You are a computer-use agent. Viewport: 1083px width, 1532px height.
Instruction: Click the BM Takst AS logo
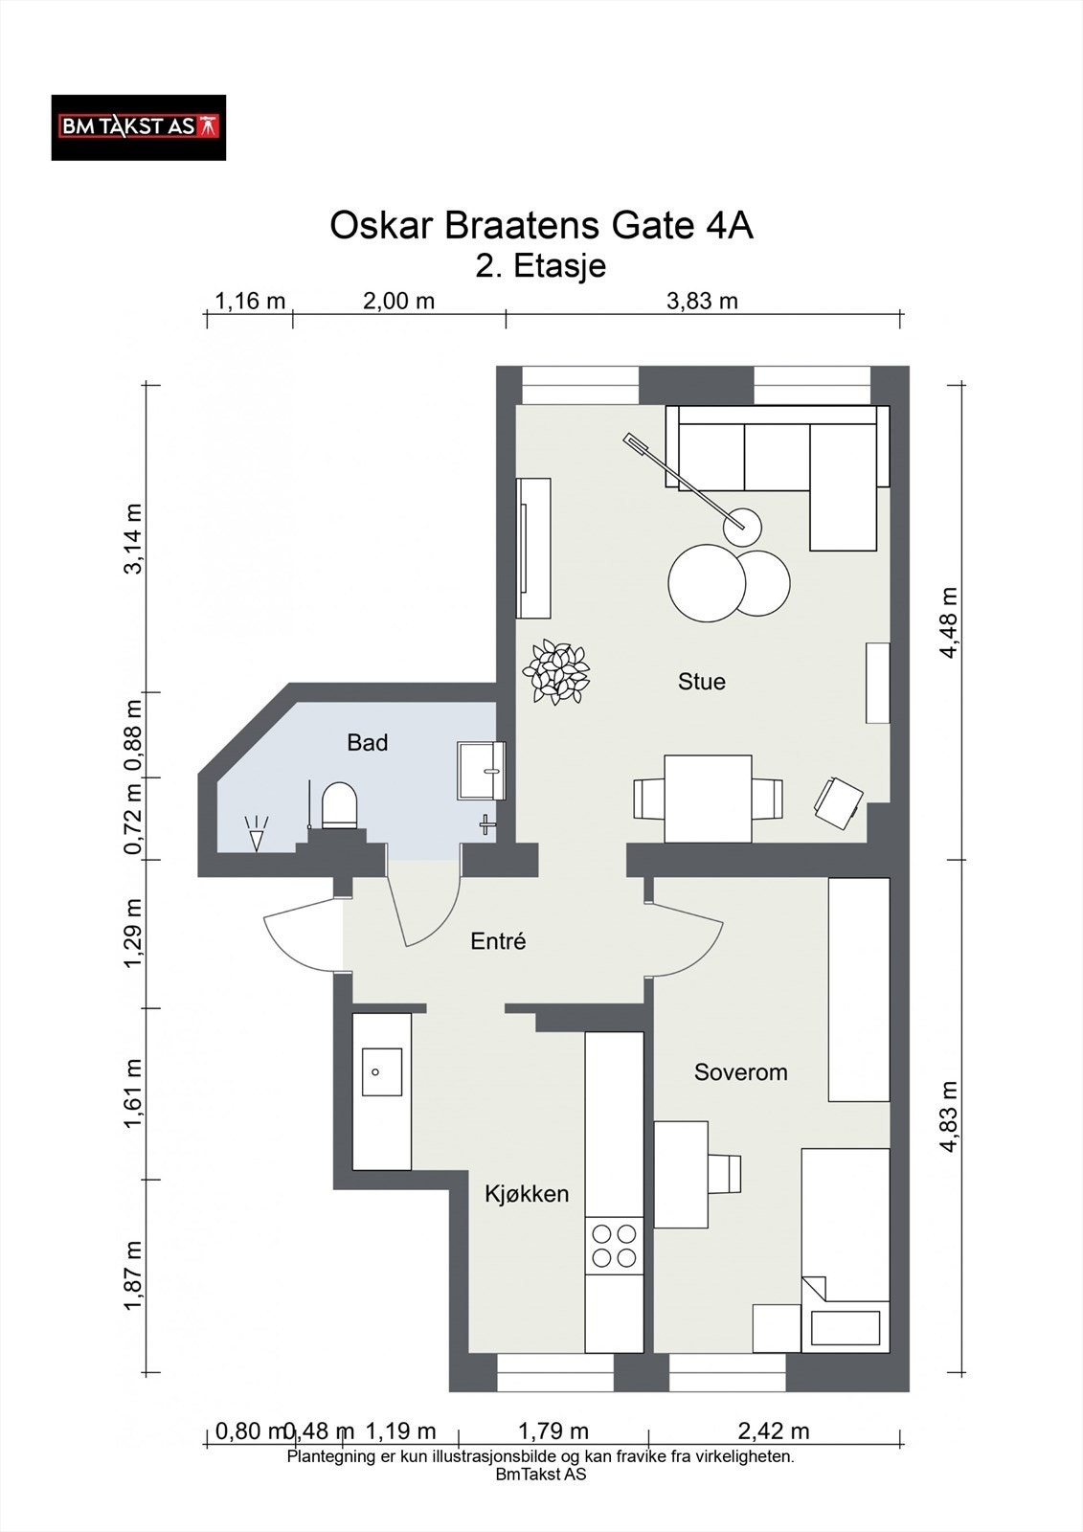point(138,127)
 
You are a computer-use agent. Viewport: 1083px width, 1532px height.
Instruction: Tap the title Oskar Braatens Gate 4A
point(541,226)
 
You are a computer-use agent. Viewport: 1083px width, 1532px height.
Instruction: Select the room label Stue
point(701,681)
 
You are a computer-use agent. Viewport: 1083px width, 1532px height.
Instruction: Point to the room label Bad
point(368,742)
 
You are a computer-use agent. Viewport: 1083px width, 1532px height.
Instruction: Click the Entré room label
point(498,941)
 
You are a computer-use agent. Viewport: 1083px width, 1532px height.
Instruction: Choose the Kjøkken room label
point(527,1193)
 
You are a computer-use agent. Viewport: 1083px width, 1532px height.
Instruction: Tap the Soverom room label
point(740,1071)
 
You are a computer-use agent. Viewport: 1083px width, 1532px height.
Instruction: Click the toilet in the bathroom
point(339,805)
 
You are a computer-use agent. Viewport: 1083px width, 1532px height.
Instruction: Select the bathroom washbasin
point(481,770)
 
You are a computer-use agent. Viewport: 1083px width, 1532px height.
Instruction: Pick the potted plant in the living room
point(555,671)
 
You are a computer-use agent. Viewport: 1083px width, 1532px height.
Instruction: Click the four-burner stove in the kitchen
point(614,1246)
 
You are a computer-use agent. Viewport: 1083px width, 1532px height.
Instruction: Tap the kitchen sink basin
point(381,1071)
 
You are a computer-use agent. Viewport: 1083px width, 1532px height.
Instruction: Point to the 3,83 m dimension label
point(702,301)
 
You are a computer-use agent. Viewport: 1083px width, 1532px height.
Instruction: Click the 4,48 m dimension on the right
point(948,622)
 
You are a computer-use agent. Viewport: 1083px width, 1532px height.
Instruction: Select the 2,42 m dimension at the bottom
point(773,1431)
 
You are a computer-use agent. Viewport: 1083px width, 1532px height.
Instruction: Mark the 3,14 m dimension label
point(133,539)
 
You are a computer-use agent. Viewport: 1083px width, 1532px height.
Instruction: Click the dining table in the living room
point(708,799)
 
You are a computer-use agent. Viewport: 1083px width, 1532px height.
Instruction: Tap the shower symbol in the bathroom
point(256,833)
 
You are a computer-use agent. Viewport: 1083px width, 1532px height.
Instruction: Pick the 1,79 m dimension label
point(553,1431)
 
